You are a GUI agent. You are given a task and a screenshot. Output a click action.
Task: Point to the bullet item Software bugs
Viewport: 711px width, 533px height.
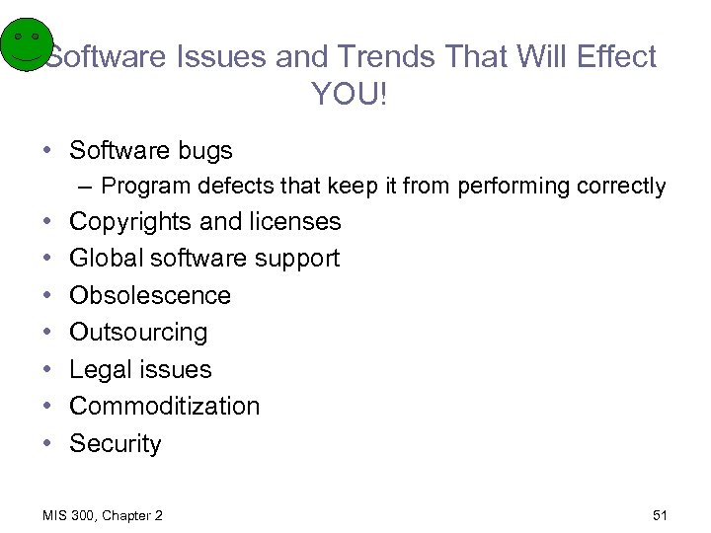click(151, 150)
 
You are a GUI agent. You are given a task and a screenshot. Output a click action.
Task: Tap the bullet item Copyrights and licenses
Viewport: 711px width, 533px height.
click(204, 221)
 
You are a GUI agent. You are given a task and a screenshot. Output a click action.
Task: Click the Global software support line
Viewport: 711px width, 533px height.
click(203, 258)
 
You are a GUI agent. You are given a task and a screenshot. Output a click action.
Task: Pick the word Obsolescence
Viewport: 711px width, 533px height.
click(150, 295)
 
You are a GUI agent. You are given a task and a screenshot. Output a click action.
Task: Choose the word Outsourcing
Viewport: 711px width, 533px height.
click(138, 332)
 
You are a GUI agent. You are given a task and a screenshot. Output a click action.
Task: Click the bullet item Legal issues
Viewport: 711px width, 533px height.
click(140, 369)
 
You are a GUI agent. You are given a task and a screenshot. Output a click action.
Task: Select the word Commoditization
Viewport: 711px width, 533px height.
click(164, 406)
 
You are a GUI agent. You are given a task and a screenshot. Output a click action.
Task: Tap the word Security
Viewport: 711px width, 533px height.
click(115, 443)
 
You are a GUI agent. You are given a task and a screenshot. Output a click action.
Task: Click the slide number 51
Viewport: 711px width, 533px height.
click(660, 515)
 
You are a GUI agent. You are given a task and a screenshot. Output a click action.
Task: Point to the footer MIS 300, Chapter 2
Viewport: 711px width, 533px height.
click(104, 515)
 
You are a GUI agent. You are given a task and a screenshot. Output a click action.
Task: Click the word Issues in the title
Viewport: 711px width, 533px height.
click(224, 56)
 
